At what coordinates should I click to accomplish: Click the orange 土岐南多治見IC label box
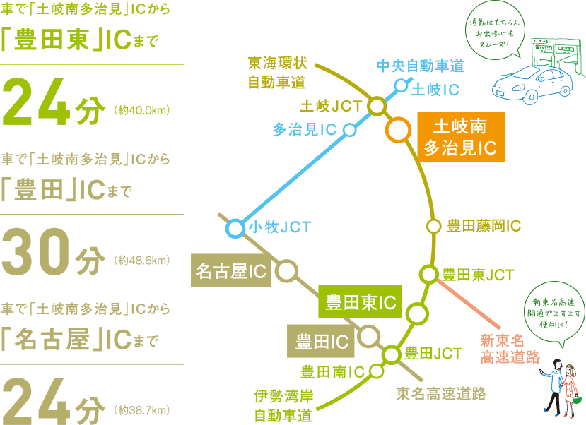[x=460, y=137]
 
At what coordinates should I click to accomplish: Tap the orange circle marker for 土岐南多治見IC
[x=398, y=130]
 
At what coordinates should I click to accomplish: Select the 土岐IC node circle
[x=401, y=86]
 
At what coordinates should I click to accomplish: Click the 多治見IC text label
[x=304, y=130]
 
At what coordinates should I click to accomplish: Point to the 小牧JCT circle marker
[x=235, y=228]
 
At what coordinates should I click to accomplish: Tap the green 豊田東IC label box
[x=360, y=303]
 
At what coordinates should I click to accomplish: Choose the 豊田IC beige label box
[x=322, y=342]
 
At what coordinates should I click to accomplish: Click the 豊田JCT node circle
[x=391, y=354]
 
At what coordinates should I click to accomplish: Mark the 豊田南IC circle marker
[x=376, y=371]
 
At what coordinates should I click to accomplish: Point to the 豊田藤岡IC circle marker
[x=433, y=226]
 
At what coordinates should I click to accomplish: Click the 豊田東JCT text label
[x=479, y=274]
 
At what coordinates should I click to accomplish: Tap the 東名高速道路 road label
[x=440, y=393]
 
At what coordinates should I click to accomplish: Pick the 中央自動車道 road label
[x=420, y=66]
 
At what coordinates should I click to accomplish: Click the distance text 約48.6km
[x=142, y=261]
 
